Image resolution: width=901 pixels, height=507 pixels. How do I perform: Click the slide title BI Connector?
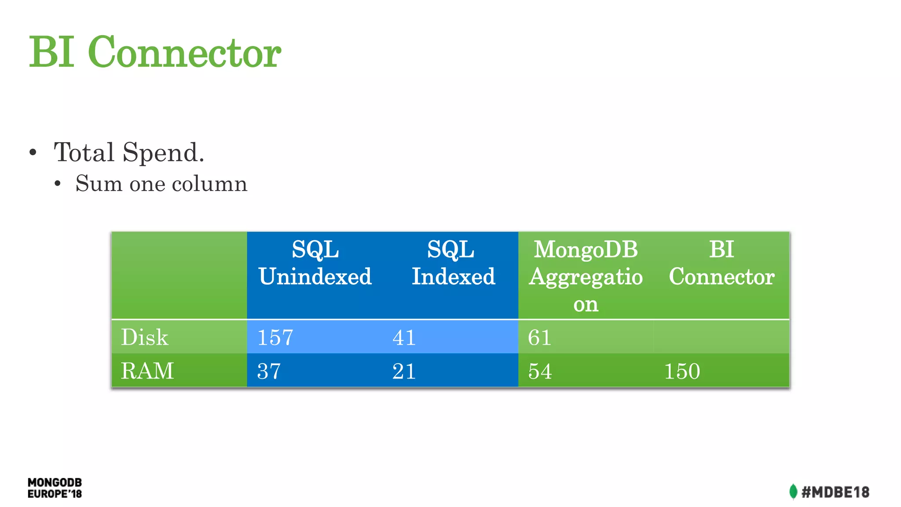(x=155, y=52)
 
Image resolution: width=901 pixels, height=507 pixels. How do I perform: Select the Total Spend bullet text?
(x=129, y=152)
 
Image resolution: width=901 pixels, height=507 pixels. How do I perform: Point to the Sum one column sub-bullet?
(x=161, y=184)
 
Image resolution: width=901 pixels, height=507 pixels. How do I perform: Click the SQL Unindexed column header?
(x=315, y=263)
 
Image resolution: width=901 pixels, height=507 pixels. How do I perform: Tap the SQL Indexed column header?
(x=453, y=263)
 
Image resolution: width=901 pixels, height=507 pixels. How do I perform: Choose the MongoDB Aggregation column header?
(x=586, y=276)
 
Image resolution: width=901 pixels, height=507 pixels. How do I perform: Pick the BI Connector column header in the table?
(x=722, y=263)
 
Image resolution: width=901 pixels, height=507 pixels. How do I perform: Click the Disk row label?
(x=145, y=337)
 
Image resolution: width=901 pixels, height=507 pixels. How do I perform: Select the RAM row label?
(x=147, y=371)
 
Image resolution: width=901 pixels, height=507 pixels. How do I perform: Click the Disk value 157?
(x=275, y=338)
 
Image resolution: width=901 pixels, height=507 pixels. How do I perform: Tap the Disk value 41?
(x=404, y=338)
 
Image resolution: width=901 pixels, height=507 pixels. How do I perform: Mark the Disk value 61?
(x=539, y=338)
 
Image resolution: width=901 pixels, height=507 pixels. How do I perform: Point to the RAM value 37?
(x=269, y=371)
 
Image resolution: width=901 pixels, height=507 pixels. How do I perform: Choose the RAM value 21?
(x=404, y=371)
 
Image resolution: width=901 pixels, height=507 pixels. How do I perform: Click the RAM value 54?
(x=540, y=371)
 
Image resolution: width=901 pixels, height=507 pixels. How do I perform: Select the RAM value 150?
(x=682, y=371)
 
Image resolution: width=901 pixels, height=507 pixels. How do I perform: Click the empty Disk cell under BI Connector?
(x=722, y=337)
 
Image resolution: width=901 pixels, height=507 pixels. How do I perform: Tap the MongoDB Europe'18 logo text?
(x=55, y=488)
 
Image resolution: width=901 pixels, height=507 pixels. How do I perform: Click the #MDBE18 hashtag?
(x=835, y=492)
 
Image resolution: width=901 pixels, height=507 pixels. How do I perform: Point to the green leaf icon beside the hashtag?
(x=793, y=492)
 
